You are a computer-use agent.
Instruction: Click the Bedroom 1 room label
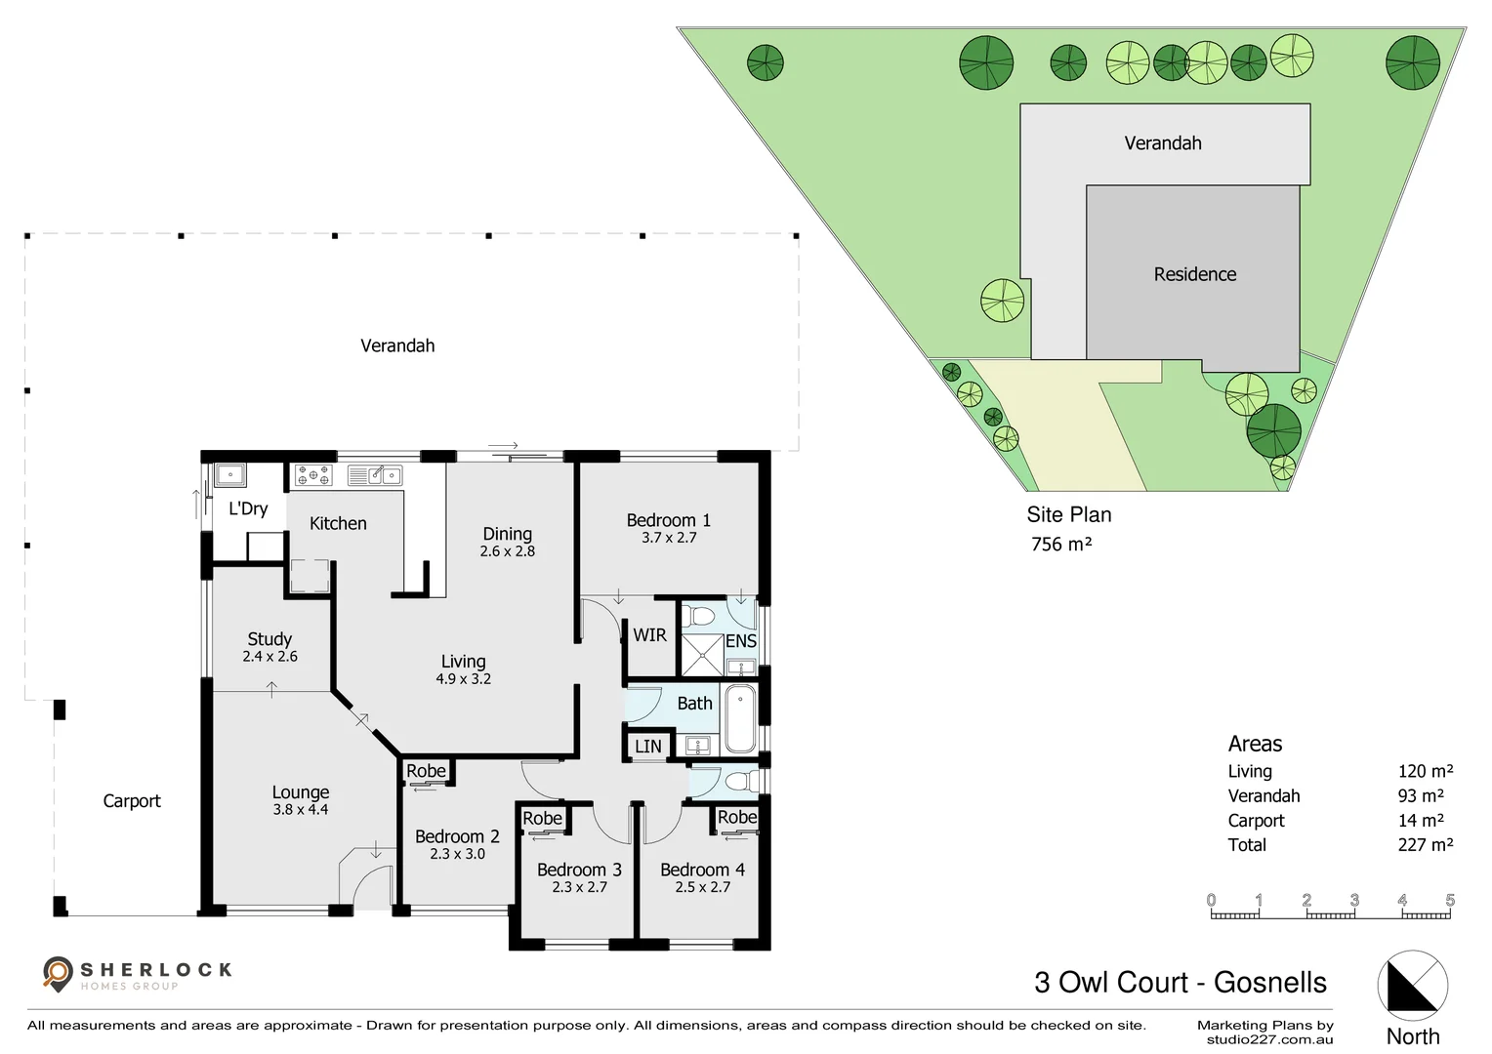click(x=668, y=520)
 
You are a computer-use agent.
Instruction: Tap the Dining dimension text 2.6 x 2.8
click(x=507, y=551)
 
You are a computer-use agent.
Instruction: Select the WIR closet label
click(x=649, y=635)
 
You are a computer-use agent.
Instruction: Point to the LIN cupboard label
click(x=647, y=747)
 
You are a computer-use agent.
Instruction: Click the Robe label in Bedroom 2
click(x=426, y=771)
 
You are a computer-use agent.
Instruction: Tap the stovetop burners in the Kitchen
click(x=313, y=475)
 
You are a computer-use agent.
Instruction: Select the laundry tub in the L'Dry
click(x=230, y=475)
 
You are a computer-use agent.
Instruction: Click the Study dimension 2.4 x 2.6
click(x=269, y=657)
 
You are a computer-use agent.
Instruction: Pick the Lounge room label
click(x=300, y=792)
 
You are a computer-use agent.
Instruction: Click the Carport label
click(x=132, y=801)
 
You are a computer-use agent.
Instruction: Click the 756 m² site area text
click(x=1060, y=545)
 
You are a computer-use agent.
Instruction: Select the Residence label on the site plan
click(x=1194, y=274)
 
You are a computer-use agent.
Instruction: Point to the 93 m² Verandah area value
click(x=1420, y=796)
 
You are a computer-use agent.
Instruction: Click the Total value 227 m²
click(x=1425, y=845)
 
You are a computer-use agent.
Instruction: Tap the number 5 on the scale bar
click(x=1449, y=901)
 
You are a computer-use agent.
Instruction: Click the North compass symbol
click(x=1412, y=984)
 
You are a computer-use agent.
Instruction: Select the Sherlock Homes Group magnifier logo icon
click(x=59, y=972)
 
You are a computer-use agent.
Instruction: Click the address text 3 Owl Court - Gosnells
click(x=1180, y=982)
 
